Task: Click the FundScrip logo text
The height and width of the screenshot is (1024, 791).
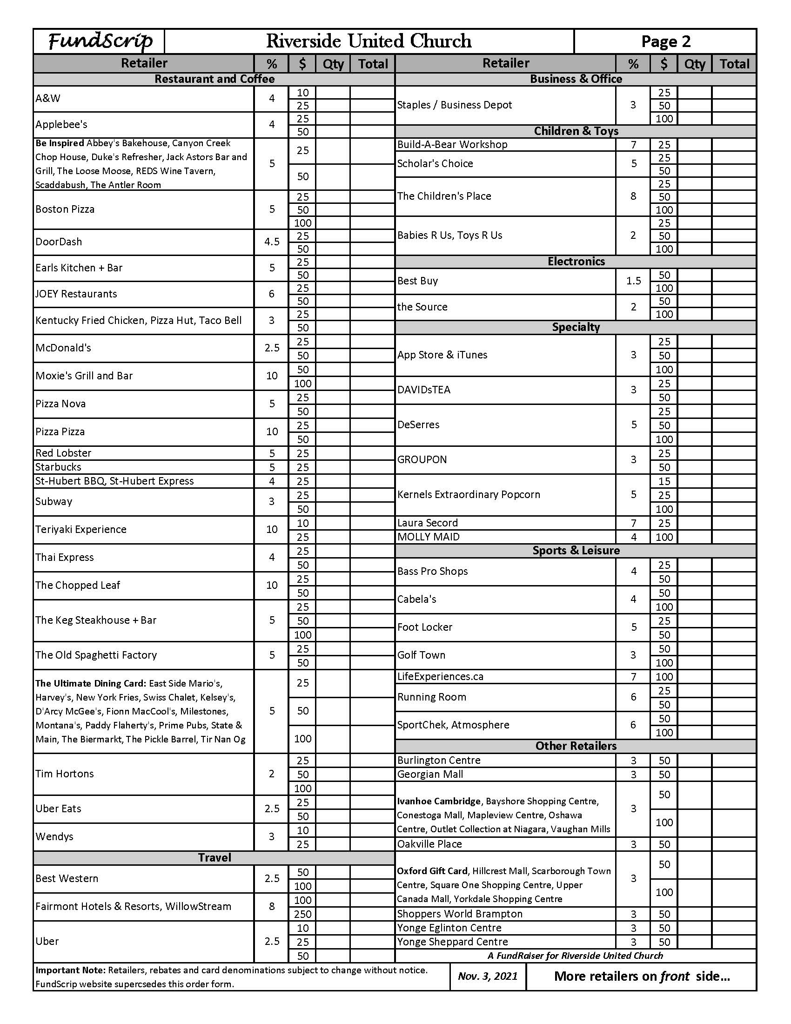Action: tap(100, 41)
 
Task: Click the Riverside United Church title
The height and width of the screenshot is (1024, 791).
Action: tap(369, 41)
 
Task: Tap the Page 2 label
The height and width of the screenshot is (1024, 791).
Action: tap(665, 42)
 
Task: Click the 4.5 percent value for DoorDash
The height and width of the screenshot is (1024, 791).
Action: tap(272, 242)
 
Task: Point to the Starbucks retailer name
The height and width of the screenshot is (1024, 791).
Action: tap(58, 467)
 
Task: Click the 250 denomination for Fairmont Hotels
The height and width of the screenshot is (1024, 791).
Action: tap(303, 914)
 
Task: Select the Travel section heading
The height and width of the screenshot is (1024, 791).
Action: tap(214, 857)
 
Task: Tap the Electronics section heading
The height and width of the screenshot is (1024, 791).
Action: tap(576, 261)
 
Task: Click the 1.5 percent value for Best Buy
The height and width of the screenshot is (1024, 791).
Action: tap(634, 281)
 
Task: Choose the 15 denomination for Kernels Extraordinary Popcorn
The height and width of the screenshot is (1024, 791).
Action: tap(664, 481)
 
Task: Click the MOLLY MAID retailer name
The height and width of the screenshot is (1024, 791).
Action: tap(428, 537)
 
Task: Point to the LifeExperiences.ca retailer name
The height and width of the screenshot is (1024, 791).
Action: tap(440, 677)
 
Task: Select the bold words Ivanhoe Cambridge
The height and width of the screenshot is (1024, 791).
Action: tap(439, 802)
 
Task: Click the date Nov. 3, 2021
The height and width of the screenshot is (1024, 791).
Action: tap(487, 976)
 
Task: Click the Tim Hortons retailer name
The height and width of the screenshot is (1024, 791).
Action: tap(65, 774)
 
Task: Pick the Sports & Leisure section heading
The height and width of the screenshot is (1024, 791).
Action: tap(576, 551)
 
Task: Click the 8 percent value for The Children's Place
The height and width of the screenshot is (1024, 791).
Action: tap(634, 196)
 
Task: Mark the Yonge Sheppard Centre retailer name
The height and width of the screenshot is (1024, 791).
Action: tap(452, 942)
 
